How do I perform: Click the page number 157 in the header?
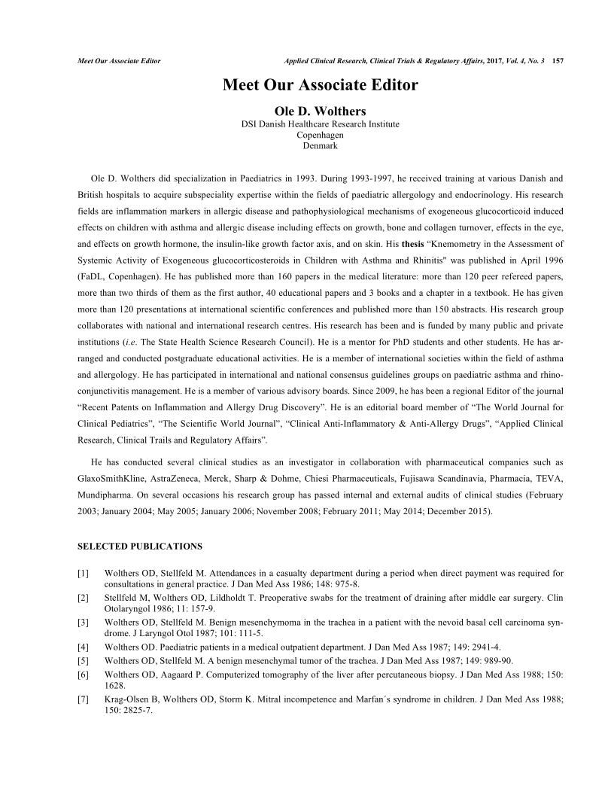click(x=558, y=59)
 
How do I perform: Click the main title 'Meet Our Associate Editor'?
click(x=320, y=84)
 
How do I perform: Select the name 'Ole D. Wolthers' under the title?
click(x=320, y=111)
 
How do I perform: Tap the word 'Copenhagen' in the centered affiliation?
click(x=320, y=134)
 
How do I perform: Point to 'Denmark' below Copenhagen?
click(x=320, y=145)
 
